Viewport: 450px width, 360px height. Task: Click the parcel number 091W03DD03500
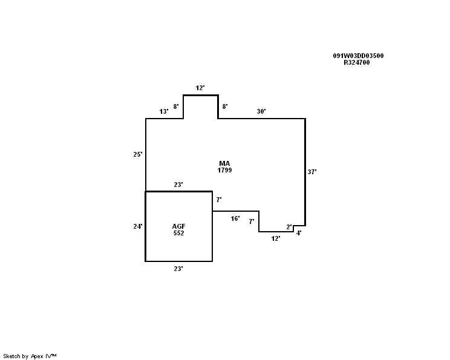[358, 56]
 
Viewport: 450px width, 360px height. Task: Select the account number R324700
[357, 62]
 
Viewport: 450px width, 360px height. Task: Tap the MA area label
[224, 163]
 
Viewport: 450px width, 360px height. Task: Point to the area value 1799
[224, 170]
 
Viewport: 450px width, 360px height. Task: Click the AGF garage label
[178, 226]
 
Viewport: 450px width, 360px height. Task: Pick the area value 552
[178, 233]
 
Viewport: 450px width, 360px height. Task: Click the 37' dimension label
[312, 172]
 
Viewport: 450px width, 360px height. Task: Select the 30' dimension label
[261, 111]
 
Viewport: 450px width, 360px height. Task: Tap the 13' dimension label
[164, 111]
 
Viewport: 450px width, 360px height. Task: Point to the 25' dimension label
[138, 154]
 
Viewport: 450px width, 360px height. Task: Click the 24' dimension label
[138, 226]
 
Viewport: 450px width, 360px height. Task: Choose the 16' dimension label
[235, 219]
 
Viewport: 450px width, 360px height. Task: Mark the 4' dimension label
[299, 233]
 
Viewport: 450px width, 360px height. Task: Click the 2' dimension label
[289, 227]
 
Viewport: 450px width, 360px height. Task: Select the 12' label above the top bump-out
[200, 88]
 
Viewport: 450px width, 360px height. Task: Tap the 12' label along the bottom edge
[276, 238]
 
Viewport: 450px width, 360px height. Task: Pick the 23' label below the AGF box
[178, 269]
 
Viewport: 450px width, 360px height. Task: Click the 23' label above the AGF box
[178, 185]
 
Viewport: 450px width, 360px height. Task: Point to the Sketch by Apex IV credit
[30, 356]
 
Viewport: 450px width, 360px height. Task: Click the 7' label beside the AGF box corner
[219, 200]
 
